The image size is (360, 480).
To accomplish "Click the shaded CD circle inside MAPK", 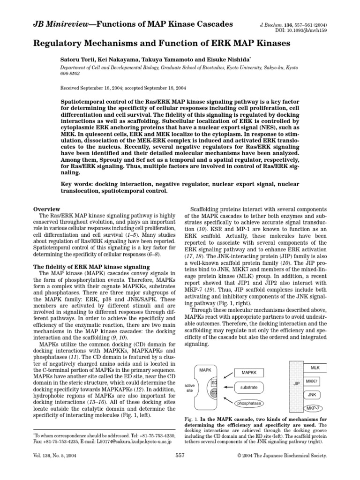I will point(214,392).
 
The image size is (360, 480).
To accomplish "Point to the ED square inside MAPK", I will point(214,383).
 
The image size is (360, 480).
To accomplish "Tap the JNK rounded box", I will point(312,395).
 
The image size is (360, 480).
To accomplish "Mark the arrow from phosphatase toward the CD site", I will point(229,398).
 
